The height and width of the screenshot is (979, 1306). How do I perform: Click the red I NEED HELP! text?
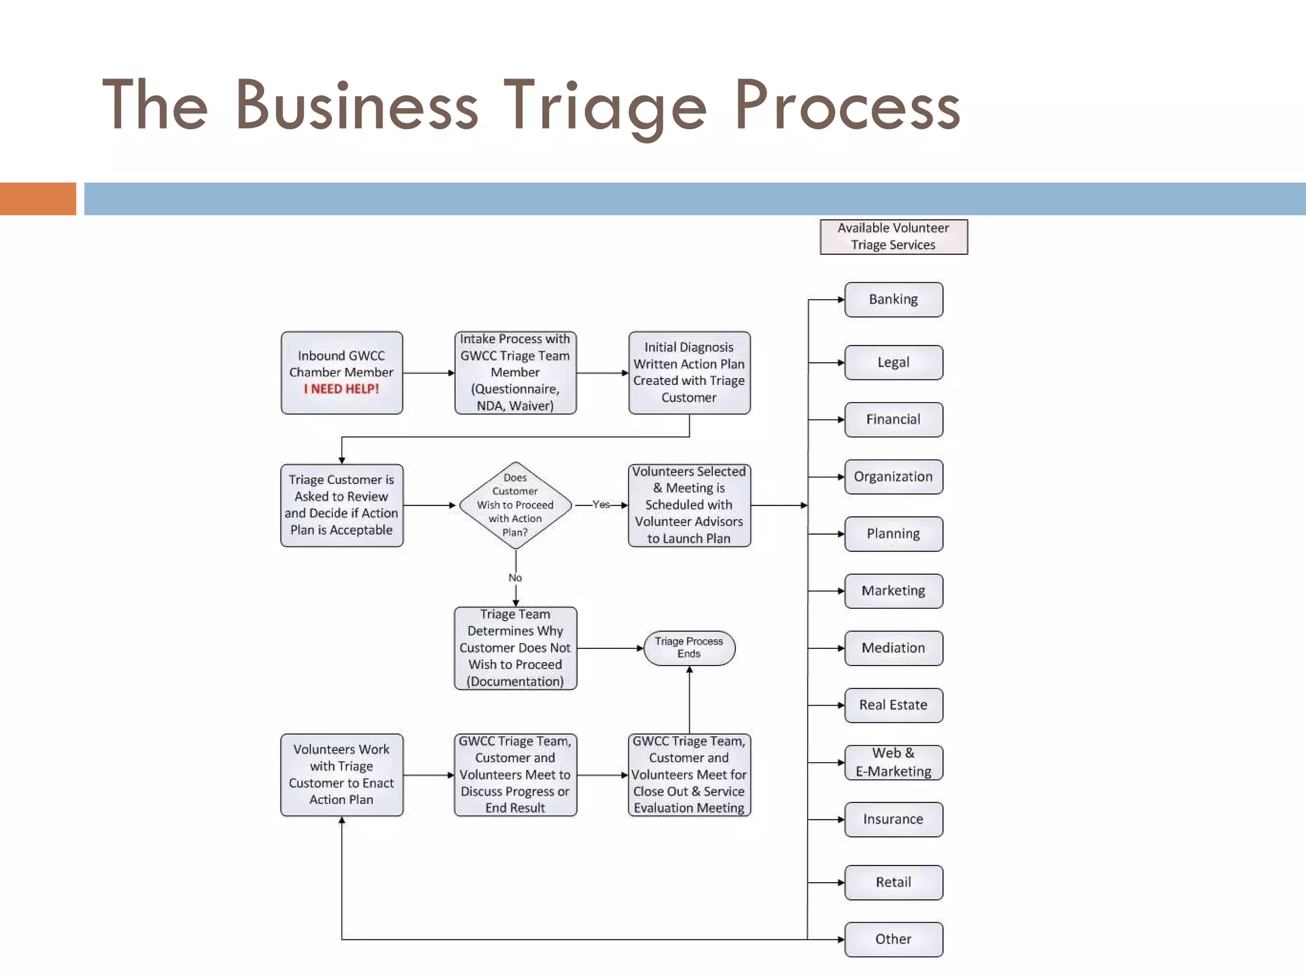[341, 389]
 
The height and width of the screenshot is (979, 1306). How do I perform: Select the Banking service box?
[893, 300]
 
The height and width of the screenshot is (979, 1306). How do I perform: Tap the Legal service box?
[893, 363]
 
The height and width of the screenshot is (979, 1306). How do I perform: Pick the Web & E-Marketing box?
[893, 762]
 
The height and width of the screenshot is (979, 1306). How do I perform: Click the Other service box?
[893, 939]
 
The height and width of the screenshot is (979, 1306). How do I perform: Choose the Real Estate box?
[893, 705]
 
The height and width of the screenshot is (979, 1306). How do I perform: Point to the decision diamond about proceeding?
[515, 505]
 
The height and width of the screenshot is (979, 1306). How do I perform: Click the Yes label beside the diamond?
[601, 505]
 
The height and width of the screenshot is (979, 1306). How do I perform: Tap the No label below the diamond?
[515, 577]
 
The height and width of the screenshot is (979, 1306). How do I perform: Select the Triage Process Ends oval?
[689, 648]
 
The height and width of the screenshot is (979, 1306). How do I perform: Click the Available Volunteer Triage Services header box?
[893, 236]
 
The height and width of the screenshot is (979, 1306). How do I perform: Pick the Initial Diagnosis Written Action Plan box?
[689, 372]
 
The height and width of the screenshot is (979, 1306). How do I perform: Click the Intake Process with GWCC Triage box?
[515, 372]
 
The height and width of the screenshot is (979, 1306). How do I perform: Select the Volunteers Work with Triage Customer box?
[342, 774]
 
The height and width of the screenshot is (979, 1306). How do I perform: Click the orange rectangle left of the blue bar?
[38, 198]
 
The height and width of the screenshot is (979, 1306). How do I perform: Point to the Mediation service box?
[893, 648]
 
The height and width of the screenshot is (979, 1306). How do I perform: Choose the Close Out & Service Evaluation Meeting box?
[689, 774]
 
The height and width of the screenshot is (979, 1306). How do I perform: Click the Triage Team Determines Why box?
[515, 648]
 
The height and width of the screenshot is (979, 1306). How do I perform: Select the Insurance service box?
[893, 820]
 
